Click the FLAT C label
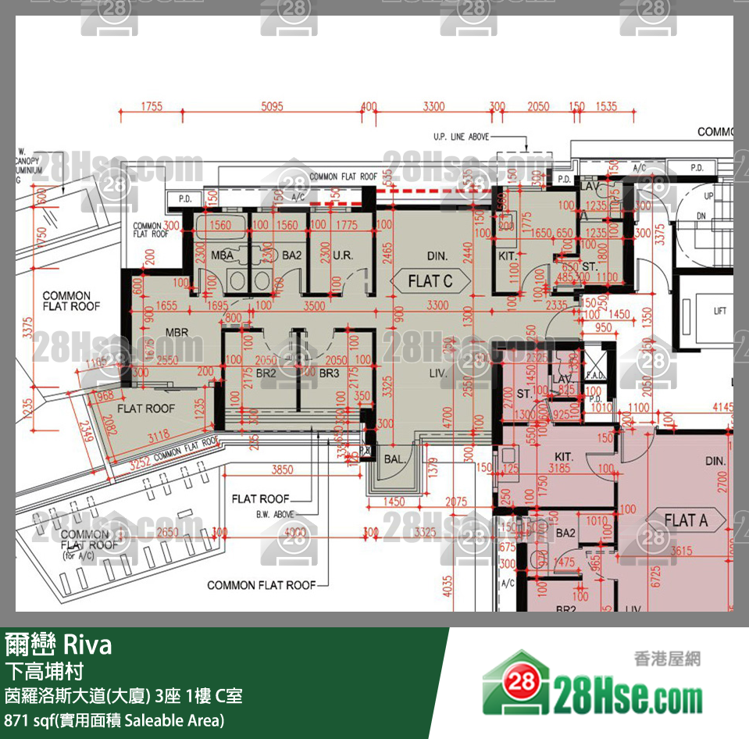[430, 281]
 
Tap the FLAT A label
[686, 520]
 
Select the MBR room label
[177, 333]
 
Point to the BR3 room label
[329, 374]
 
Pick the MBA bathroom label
[222, 255]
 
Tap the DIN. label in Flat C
[437, 256]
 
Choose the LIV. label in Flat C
[438, 374]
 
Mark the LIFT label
[719, 311]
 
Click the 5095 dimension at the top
[272, 107]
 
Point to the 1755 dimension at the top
[152, 107]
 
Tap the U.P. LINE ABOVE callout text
[461, 137]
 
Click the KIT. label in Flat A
[563, 456]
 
